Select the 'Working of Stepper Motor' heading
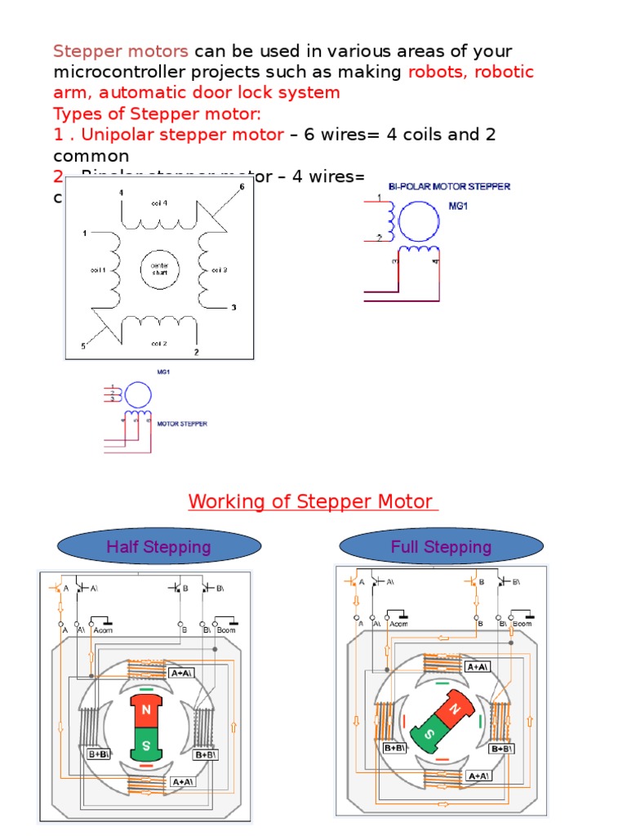(313, 500)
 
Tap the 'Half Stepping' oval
(158, 547)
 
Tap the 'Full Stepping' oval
(441, 546)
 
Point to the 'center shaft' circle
(158, 269)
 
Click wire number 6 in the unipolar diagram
(242, 187)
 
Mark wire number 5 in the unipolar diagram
(82, 346)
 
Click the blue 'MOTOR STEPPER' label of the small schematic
(181, 424)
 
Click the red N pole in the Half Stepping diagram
(147, 711)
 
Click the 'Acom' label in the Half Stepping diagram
(104, 629)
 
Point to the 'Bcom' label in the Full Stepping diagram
(522, 624)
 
